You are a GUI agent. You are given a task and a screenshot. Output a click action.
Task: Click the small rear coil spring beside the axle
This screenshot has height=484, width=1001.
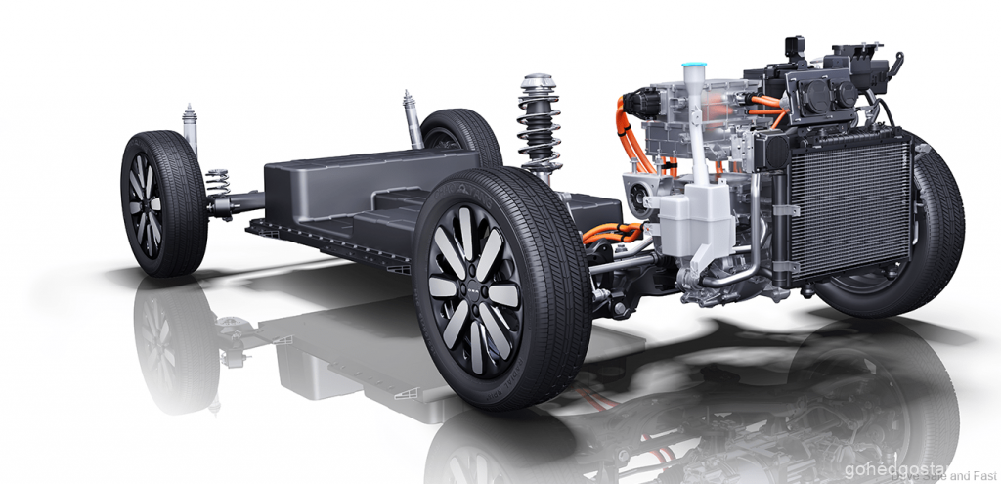pos(218,182)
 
